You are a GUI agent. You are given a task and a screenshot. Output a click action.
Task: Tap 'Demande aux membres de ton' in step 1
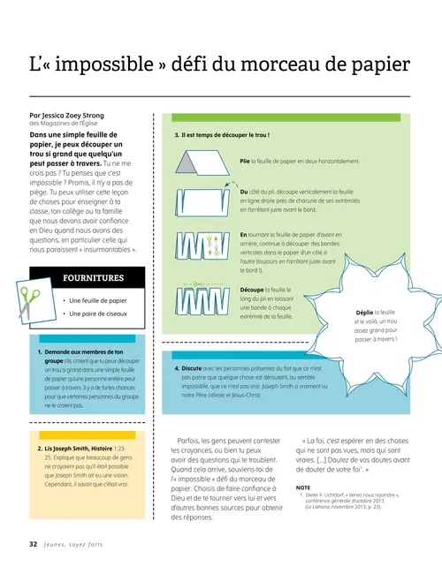point(86,352)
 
